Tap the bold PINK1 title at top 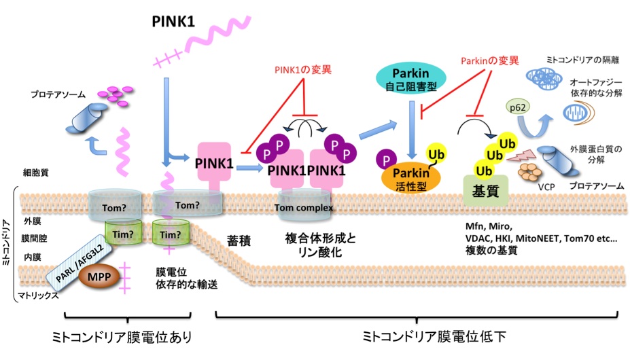[173, 22]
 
